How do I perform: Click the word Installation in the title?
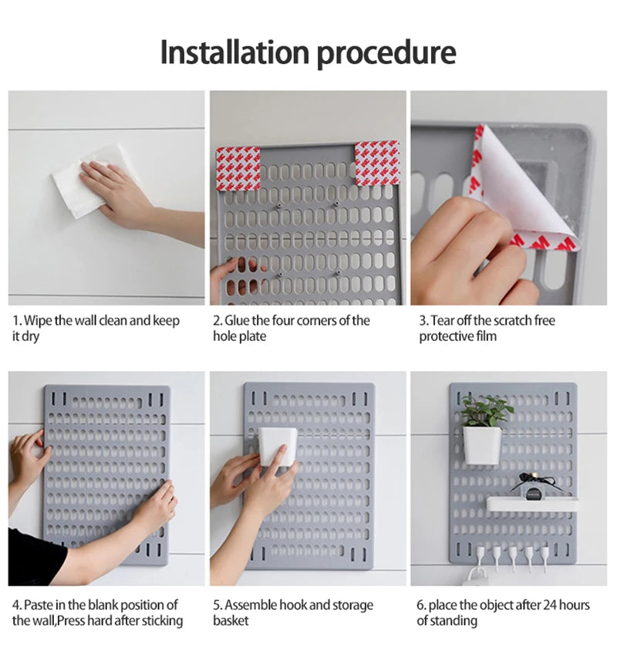tap(234, 52)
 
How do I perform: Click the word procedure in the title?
tap(386, 54)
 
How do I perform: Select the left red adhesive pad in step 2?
tap(238, 169)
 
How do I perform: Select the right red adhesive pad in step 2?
tap(377, 163)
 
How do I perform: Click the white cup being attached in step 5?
tap(277, 447)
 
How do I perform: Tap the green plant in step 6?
tap(487, 410)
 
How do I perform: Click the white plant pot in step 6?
tap(481, 445)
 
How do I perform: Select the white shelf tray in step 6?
tap(532, 504)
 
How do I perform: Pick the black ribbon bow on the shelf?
tap(533, 481)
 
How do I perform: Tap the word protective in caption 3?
tap(447, 336)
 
